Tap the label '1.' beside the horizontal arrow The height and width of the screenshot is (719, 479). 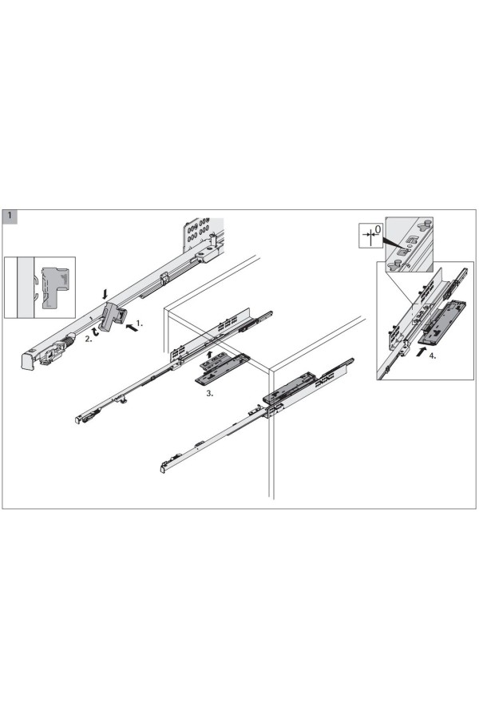point(140,324)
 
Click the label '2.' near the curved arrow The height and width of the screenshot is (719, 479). point(88,340)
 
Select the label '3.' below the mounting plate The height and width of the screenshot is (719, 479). point(209,393)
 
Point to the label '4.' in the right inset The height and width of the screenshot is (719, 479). point(432,355)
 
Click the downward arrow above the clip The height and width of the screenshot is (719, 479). point(105,293)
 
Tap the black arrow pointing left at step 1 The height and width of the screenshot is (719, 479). point(131,328)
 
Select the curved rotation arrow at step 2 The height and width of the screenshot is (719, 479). point(95,332)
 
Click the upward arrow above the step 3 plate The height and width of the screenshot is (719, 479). point(209,355)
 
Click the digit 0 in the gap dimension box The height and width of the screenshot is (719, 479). point(378,228)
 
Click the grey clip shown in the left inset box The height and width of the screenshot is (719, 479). point(54,287)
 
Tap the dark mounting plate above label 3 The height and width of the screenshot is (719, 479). point(221,368)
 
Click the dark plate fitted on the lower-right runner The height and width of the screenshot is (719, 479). point(289,389)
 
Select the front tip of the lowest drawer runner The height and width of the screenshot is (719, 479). point(163,469)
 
